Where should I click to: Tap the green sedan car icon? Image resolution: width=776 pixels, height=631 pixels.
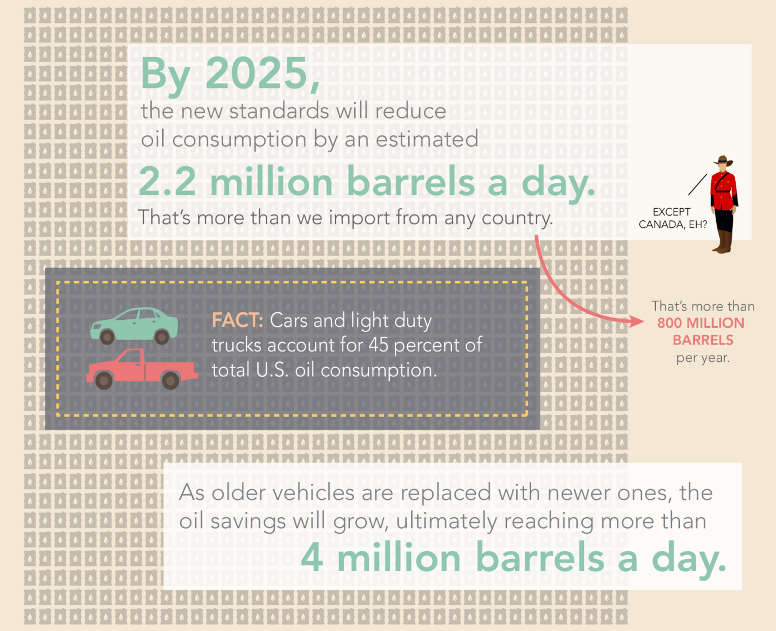pyautogui.click(x=134, y=326)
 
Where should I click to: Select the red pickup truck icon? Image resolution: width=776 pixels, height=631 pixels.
pyautogui.click(x=143, y=369)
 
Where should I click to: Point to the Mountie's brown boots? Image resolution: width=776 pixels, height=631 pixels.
pyautogui.click(x=723, y=242)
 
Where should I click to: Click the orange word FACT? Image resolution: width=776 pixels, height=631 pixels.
pyautogui.click(x=237, y=320)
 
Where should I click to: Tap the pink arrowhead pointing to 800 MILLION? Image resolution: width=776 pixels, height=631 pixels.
pyautogui.click(x=637, y=321)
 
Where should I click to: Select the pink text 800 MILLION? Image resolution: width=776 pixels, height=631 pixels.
pyautogui.click(x=701, y=323)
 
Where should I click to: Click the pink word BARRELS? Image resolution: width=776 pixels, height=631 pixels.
pyautogui.click(x=703, y=340)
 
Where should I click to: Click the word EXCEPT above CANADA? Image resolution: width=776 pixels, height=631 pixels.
pyautogui.click(x=671, y=212)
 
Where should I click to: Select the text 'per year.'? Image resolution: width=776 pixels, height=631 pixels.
pyautogui.click(x=703, y=358)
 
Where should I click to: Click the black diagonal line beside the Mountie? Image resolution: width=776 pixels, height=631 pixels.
pyautogui.click(x=697, y=185)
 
